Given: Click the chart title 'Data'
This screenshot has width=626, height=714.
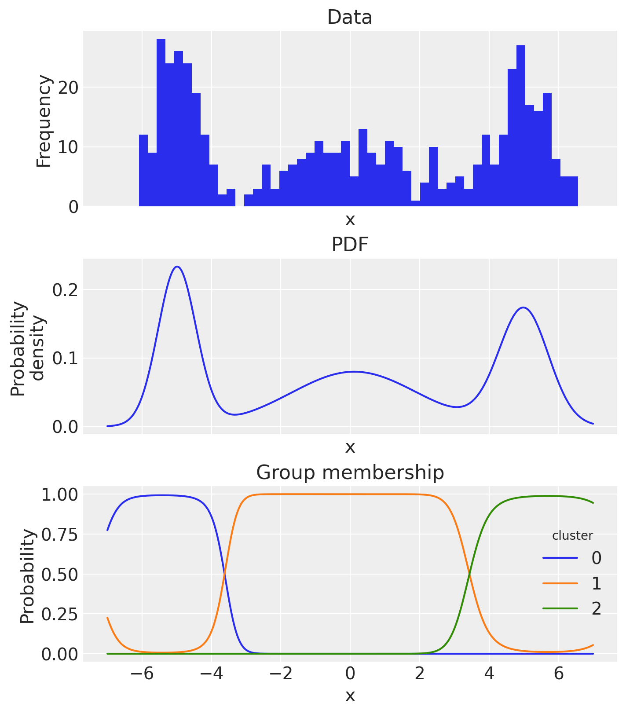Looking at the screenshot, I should [x=350, y=18].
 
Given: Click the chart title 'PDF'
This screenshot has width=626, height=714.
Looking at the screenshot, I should [x=350, y=245].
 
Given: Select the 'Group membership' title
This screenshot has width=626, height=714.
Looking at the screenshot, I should [x=350, y=472].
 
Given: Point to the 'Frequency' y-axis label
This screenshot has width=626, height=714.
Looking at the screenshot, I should [x=44, y=121].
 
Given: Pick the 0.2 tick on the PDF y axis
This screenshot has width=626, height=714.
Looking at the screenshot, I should [x=65, y=289].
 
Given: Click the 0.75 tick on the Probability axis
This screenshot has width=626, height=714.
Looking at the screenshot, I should [x=59, y=535].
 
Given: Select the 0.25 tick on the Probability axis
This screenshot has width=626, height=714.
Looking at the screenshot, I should [x=59, y=614].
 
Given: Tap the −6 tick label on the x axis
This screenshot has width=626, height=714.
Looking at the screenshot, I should [x=142, y=674].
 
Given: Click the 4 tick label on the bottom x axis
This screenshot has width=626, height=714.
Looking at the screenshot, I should [x=489, y=674].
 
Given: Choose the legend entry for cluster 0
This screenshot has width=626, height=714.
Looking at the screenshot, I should [x=572, y=558].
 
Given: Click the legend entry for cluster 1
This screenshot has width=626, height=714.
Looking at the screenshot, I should [x=572, y=583].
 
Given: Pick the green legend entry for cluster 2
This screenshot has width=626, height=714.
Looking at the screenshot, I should [x=572, y=608].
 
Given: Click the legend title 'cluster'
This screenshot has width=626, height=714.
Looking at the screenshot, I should [x=572, y=535].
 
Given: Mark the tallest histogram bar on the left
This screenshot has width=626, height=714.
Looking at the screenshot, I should [x=161, y=123].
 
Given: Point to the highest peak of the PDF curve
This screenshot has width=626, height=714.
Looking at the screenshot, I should [x=177, y=267].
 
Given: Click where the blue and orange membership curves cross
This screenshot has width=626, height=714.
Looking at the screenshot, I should [x=224, y=574].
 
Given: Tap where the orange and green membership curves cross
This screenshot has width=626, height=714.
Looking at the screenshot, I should [x=469, y=574].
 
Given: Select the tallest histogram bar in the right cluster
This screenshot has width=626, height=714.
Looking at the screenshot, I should [x=521, y=125].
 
